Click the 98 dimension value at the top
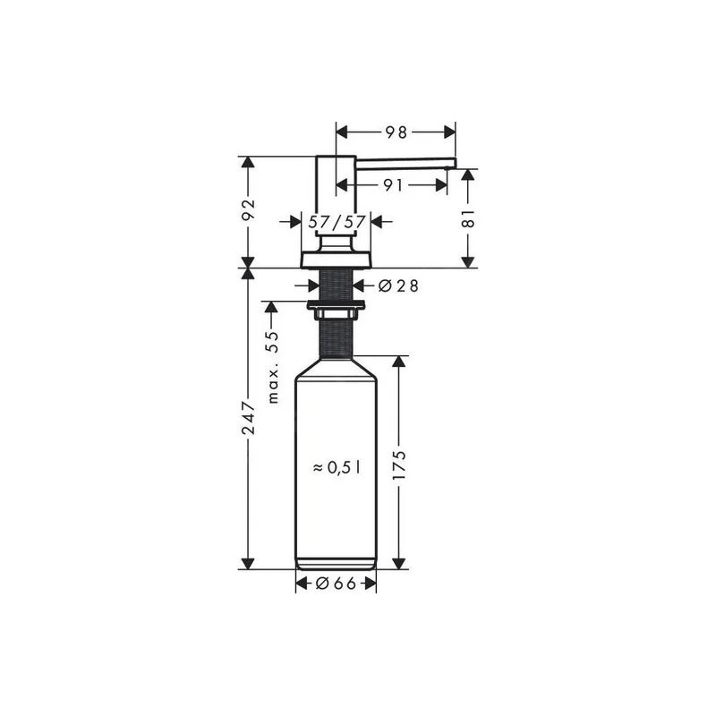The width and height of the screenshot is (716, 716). [396, 132]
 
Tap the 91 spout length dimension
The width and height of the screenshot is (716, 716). [393, 185]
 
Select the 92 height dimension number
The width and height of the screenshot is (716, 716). [249, 210]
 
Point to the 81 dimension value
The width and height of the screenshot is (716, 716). [468, 218]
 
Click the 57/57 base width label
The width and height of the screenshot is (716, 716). [337, 222]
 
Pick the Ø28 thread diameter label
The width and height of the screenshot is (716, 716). [398, 286]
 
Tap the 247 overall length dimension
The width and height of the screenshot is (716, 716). [249, 418]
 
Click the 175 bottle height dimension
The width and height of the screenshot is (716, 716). [399, 465]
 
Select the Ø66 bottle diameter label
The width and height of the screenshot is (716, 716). [336, 584]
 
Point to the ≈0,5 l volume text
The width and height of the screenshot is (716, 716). [337, 467]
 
